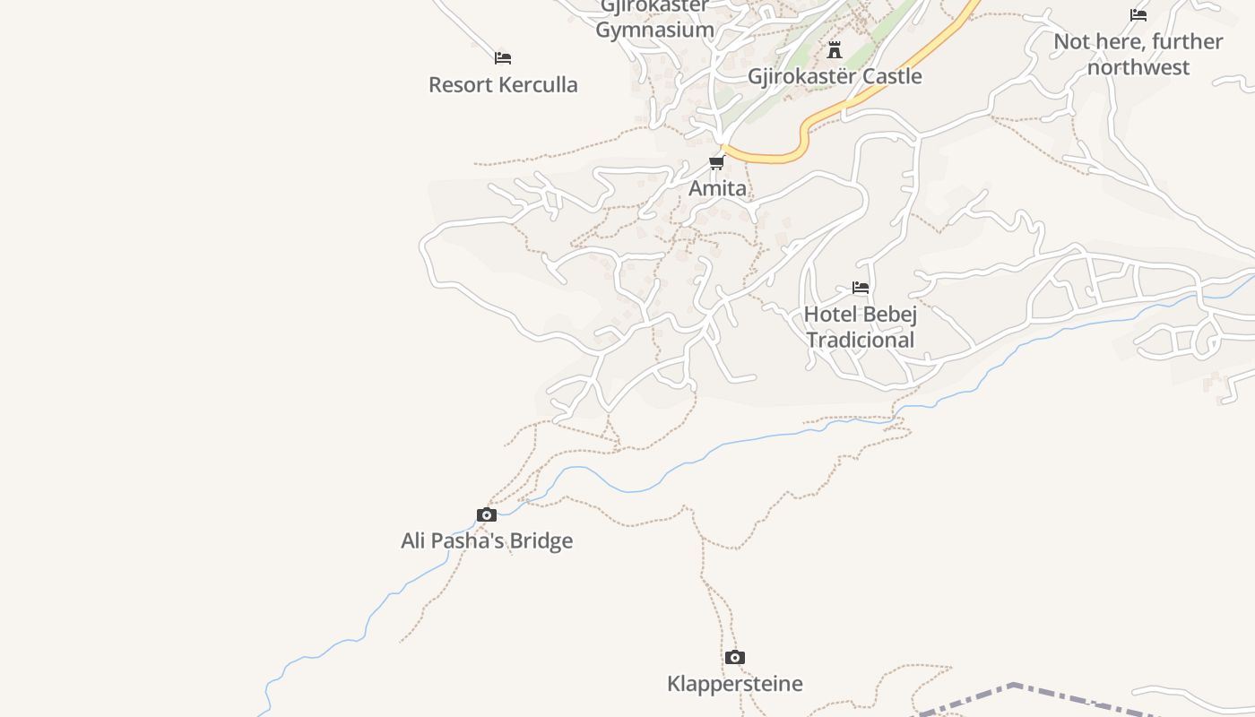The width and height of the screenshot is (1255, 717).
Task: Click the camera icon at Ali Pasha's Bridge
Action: tap(487, 514)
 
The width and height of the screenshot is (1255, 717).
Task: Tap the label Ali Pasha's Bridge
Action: tap(487, 540)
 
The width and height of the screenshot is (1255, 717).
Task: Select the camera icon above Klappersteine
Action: tap(735, 658)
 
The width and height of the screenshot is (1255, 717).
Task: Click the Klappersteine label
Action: tap(735, 684)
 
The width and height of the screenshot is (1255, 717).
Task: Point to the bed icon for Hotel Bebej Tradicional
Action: tap(861, 288)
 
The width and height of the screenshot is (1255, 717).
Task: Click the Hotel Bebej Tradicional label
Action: tap(861, 327)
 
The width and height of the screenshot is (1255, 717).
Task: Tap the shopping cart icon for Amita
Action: tap(716, 162)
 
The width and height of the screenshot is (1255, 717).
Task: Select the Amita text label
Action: tap(717, 188)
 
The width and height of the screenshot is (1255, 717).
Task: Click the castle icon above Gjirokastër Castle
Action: tap(835, 49)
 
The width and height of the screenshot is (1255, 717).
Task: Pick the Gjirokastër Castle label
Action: tap(835, 76)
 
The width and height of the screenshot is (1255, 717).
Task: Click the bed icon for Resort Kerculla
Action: tap(503, 58)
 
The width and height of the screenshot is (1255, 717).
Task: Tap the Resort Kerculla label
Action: tap(503, 85)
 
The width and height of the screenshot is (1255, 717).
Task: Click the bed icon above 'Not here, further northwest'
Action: tap(1138, 15)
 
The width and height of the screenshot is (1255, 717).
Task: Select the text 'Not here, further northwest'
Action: tap(1138, 54)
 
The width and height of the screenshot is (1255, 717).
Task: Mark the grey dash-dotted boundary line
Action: tap(1013, 687)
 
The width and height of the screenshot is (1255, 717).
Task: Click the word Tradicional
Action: tap(861, 340)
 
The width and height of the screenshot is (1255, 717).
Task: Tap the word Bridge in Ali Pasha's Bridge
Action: tap(541, 540)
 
